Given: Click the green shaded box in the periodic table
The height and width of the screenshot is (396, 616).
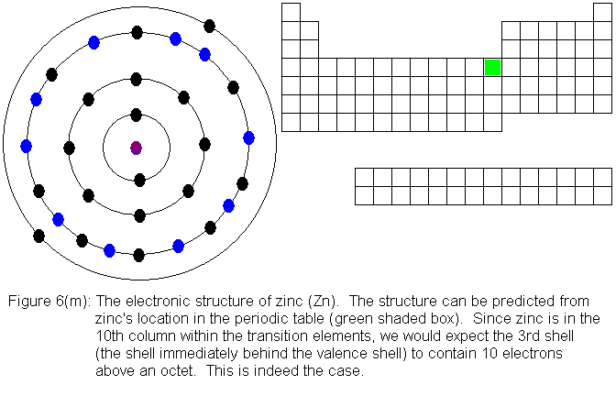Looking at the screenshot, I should coord(492,67).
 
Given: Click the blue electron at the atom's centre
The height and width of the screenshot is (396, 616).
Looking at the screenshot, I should coord(137,148).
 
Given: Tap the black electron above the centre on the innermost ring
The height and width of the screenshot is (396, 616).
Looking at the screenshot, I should coord(137,115).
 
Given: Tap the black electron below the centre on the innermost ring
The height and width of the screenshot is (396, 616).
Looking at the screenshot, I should coord(139,180).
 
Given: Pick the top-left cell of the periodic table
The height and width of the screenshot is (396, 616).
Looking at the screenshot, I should coord(291,12).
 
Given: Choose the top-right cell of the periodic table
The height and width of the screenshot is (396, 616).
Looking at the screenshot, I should coord(602,12).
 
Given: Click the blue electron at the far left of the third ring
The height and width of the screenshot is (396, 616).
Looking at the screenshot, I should coord(26,146).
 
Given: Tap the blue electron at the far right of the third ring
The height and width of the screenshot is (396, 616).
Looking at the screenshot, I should coord(248,137).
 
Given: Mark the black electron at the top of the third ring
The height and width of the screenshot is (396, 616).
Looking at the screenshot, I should coord(137,32).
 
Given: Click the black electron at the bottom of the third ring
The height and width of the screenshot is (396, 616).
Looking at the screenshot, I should coord(138,255).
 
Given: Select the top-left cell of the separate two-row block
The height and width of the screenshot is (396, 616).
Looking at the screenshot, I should coord(364,176).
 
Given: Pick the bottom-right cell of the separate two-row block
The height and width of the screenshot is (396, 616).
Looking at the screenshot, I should coord(602,194).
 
